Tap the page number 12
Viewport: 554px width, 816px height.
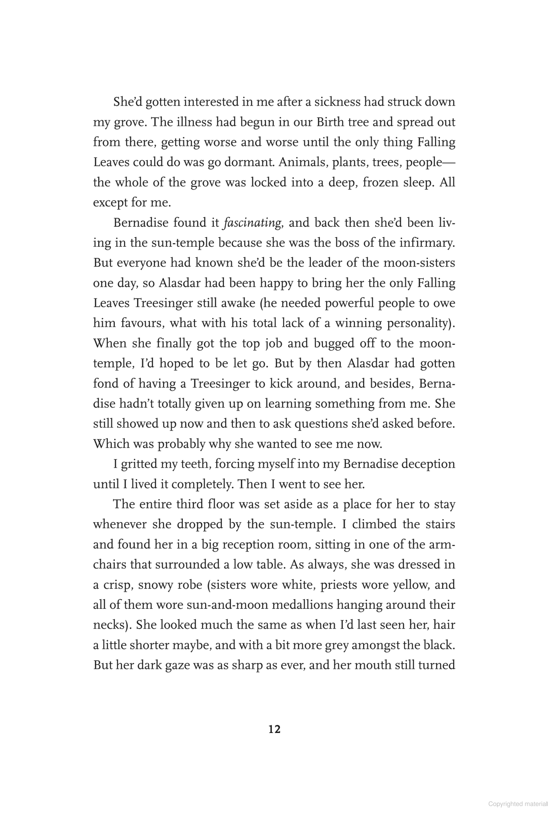point(274,729)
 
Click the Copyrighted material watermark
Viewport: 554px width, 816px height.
point(518,803)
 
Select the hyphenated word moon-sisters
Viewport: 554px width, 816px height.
point(417,263)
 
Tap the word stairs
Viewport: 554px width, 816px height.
point(438,524)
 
